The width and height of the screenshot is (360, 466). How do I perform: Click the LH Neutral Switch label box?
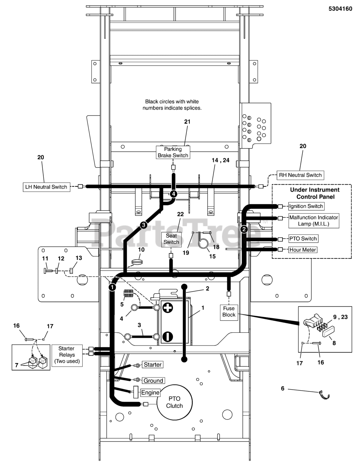click(46, 187)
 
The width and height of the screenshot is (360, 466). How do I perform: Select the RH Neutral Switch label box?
click(300, 175)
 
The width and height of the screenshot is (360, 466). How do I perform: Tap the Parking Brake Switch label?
click(173, 152)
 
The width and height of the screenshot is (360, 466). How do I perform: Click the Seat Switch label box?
click(171, 239)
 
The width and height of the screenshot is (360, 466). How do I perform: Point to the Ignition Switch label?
click(306, 206)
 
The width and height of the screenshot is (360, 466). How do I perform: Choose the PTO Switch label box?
click(303, 238)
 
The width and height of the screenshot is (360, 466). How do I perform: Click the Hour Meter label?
click(302, 250)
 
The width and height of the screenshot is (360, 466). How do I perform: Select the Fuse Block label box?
click(229, 312)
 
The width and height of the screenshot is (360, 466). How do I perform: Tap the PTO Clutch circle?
click(174, 402)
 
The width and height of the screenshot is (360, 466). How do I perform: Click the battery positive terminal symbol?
click(168, 308)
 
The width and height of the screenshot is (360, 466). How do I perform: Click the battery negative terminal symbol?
click(168, 336)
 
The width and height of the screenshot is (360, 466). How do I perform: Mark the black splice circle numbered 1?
click(112, 287)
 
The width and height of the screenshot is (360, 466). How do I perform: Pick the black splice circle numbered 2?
click(244, 229)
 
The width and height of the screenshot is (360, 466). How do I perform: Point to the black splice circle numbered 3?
click(143, 225)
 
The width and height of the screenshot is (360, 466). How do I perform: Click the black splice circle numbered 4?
click(174, 194)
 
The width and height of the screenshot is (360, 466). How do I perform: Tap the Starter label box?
click(153, 364)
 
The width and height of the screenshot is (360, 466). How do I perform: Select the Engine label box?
click(150, 392)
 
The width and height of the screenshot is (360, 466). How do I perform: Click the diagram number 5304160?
click(340, 9)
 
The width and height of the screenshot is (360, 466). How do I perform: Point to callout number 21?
click(187, 122)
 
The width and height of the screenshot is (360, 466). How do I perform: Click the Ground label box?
click(153, 381)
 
